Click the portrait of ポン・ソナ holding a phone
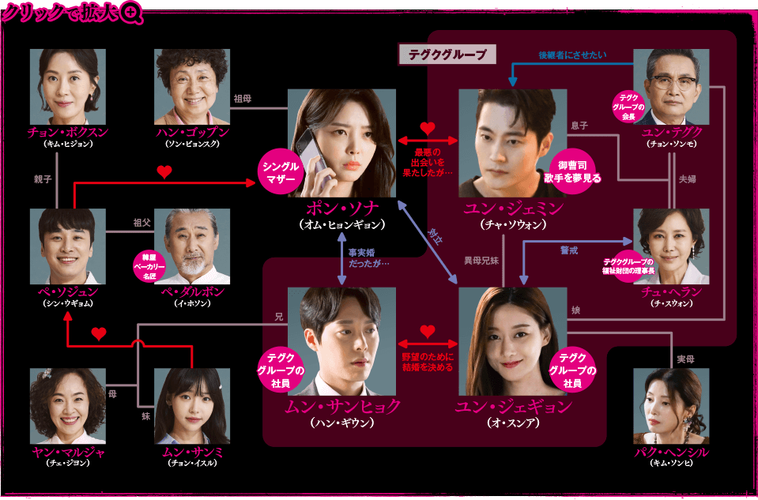click(x=341, y=143)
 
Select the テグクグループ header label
click(x=447, y=55)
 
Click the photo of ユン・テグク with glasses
click(x=671, y=87)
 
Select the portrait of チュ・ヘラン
click(x=671, y=246)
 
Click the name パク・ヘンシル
click(x=671, y=453)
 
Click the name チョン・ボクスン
click(x=67, y=132)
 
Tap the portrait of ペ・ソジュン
click(x=67, y=246)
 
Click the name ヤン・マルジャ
click(x=67, y=453)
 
